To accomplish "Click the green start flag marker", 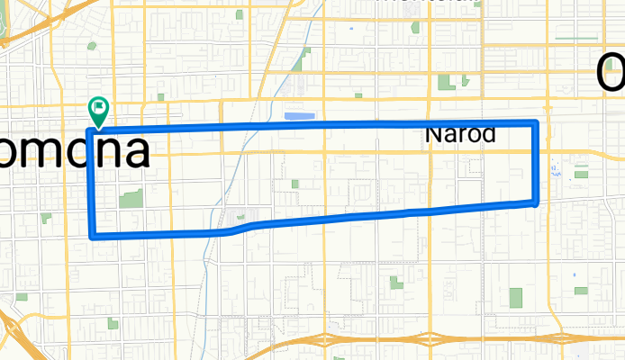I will pos(98,111).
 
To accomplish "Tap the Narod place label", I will pos(460,135).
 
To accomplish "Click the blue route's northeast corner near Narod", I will pos(536,122).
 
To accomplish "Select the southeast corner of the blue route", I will pos(537,202).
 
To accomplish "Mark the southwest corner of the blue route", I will pos(93,237).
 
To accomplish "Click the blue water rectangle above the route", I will pos(297,115).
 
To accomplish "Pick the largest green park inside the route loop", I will pos(131,199).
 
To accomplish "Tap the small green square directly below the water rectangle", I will pos(294,184).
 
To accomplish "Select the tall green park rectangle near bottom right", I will pos(515,297).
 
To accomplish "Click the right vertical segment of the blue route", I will pos(538,162).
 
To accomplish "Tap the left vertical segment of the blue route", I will pos(91,184).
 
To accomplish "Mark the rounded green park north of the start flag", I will pos(93,46).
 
